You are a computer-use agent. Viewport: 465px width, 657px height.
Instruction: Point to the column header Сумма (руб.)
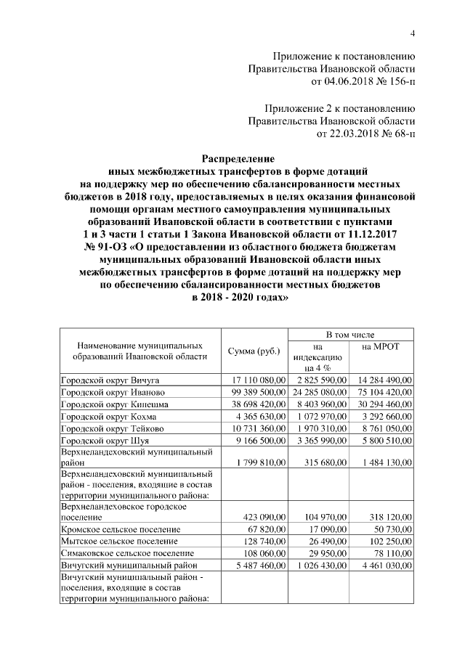coord(254,351)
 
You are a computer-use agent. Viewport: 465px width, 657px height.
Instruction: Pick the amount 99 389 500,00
coord(256,392)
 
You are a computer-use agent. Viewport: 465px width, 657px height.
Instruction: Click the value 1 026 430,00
coord(321,566)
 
